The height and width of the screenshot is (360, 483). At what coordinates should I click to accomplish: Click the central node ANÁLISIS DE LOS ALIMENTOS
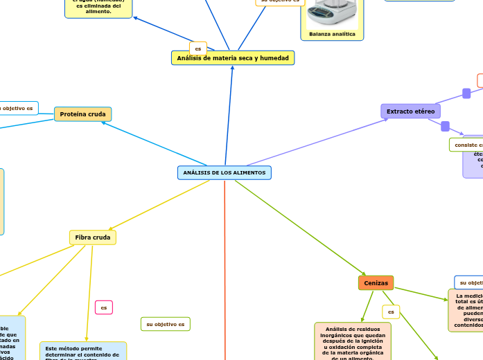tap(224, 172)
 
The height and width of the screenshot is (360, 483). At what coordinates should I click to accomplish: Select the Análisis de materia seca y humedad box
tap(233, 58)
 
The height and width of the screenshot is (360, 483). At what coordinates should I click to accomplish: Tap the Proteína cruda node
tap(82, 114)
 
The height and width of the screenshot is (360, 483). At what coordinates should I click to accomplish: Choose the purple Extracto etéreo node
tap(410, 111)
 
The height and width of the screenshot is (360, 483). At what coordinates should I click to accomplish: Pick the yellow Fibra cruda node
tap(93, 237)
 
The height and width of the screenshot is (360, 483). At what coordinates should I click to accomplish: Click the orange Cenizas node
tap(376, 283)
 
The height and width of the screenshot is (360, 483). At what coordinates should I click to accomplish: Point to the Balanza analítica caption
tap(332, 34)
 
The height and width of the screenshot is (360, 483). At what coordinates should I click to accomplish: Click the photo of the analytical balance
tap(332, 12)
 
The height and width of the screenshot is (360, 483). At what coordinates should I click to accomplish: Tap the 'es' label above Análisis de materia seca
tap(198, 49)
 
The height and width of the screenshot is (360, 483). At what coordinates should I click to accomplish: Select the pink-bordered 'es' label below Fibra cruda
tap(103, 307)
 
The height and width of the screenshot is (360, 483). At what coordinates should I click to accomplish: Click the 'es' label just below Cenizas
tap(391, 312)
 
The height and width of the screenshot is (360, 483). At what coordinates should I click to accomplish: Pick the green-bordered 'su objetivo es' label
tap(165, 324)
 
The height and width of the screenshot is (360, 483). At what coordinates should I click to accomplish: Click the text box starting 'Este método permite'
tap(83, 351)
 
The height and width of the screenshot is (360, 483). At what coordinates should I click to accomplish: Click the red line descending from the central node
tap(225, 277)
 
